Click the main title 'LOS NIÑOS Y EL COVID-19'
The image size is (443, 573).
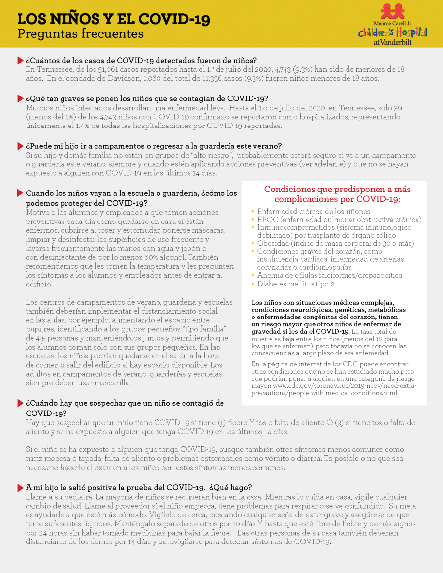pos(114,19)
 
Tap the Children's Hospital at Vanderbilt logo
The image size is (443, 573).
pos(392,25)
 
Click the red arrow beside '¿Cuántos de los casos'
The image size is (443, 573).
pos(20,60)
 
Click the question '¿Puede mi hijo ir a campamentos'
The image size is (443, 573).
pos(154,146)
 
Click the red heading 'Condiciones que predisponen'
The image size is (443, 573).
pos(337,194)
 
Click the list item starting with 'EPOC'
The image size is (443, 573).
pos(339,219)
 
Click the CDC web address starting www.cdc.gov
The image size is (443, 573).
pos(334,390)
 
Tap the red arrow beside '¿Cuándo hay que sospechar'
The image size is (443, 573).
pos(20,403)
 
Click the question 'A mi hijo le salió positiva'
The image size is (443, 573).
pos(139,487)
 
